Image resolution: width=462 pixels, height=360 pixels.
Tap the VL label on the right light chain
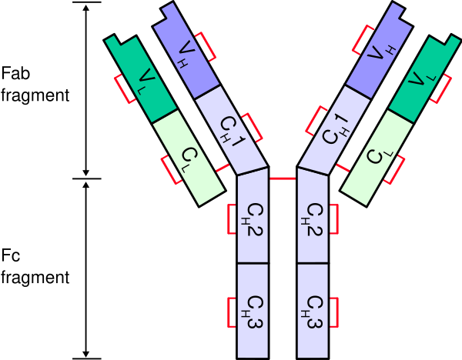point(420,78)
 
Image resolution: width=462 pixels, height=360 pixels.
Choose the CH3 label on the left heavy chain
point(253,312)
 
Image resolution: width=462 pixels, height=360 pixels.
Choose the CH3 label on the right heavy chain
point(313,312)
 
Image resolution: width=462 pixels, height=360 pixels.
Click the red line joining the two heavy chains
point(283,178)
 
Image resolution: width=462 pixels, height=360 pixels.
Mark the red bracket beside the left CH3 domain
point(230,312)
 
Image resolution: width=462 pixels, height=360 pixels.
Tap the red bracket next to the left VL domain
point(122,88)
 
